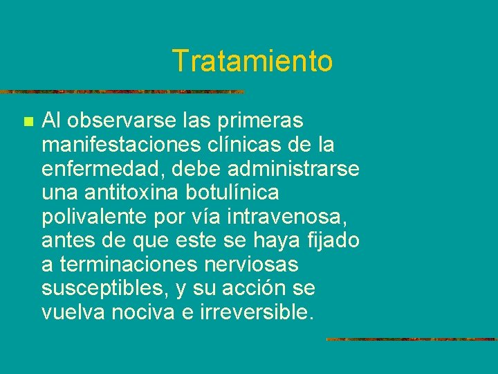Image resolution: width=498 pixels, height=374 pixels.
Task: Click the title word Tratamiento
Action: tap(252, 61)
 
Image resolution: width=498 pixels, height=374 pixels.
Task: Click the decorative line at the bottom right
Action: tap(411, 339)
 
